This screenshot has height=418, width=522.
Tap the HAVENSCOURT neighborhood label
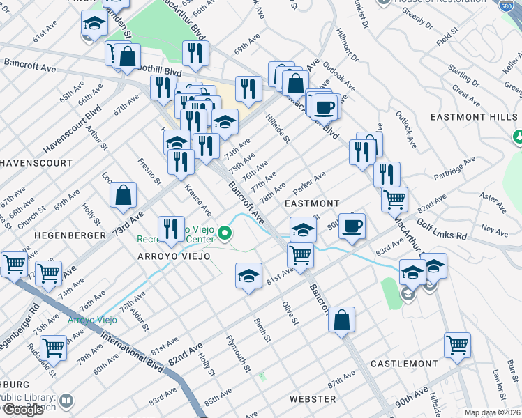(36, 162)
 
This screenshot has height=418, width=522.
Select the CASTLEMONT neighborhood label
(404, 364)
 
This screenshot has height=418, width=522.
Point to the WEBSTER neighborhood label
(313, 399)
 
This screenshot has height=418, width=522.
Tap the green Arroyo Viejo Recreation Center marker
(225, 234)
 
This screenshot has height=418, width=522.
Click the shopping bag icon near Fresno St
(123, 196)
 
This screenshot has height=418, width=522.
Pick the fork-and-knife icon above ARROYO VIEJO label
(170, 229)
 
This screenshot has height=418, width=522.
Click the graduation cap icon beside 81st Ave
(248, 276)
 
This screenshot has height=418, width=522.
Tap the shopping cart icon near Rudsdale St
(53, 346)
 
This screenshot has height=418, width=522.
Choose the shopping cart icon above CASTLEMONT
(457, 344)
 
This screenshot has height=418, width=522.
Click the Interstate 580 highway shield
(510, 7)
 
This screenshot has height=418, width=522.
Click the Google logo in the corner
(22, 409)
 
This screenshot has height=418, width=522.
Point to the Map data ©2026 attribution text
(492, 412)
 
